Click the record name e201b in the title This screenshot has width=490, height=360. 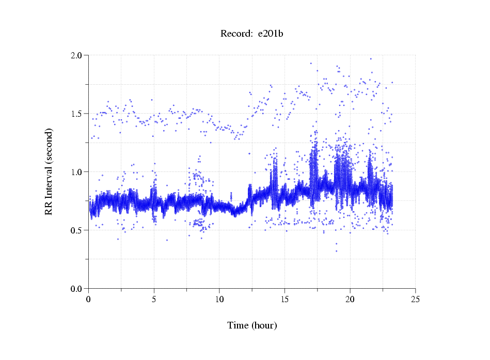coord(270,34)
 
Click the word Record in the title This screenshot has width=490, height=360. coord(235,34)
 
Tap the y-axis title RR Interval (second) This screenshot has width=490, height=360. coord(49,171)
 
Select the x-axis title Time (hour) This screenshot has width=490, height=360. coord(252,325)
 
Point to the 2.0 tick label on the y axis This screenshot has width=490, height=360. coord(77,55)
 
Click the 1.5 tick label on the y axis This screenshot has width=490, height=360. coord(77,114)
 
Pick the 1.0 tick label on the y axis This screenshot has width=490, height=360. coord(77,172)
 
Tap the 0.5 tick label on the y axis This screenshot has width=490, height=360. coord(77,230)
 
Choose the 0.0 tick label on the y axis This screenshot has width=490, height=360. coord(77,289)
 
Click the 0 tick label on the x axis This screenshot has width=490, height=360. coord(89,299)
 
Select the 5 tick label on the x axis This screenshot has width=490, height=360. coord(154,299)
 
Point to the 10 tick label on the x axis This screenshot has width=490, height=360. coord(219,299)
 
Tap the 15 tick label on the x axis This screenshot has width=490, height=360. coord(284,299)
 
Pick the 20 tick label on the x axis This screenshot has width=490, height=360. coord(350,299)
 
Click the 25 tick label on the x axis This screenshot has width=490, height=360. coord(415,299)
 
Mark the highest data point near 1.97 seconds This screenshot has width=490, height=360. coord(370,59)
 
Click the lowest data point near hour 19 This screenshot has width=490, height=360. coord(336,251)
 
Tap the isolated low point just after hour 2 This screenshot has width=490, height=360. coord(118,239)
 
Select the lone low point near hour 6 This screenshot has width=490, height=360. coord(167,240)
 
